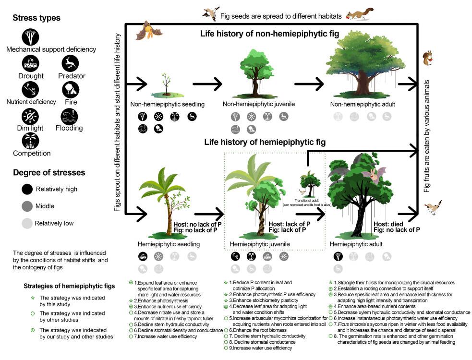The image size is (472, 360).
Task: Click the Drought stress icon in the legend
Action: coord(30,64)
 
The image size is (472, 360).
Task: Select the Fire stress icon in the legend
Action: coord(70,90)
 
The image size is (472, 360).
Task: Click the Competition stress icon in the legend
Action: coord(30,140)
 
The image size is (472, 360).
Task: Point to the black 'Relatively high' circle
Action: coord(27,189)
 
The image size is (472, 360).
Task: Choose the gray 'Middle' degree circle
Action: coord(27,206)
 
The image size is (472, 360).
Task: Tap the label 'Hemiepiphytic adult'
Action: coord(359,244)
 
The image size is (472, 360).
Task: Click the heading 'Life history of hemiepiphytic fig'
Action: coord(265,142)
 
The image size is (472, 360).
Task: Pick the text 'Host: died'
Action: coord(389,224)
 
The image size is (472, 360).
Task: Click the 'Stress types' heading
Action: coord(36,18)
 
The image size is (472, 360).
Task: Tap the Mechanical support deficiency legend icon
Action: coord(30,36)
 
